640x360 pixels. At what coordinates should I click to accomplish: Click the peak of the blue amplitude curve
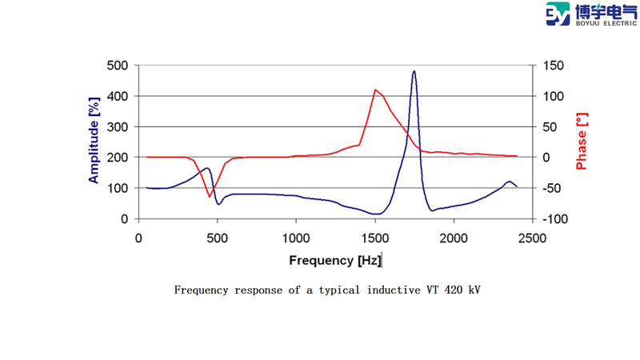414,71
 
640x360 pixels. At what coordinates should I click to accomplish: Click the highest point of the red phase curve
375,90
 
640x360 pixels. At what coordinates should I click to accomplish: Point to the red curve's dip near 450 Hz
210,196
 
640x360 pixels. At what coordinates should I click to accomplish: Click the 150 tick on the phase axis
553,66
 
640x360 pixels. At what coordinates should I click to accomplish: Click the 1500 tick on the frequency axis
374,238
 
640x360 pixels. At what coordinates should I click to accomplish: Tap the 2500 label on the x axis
532,238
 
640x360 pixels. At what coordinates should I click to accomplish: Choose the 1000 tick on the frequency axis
296,238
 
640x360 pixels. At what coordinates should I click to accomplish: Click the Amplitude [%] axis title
94,142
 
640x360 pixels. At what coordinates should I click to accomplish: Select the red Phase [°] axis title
582,142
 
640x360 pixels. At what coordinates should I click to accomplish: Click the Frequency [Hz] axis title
335,260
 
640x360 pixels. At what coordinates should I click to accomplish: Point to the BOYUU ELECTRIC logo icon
558,14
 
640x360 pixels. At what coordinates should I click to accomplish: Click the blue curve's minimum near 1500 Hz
375,214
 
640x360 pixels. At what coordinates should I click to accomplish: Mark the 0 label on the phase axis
546,158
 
